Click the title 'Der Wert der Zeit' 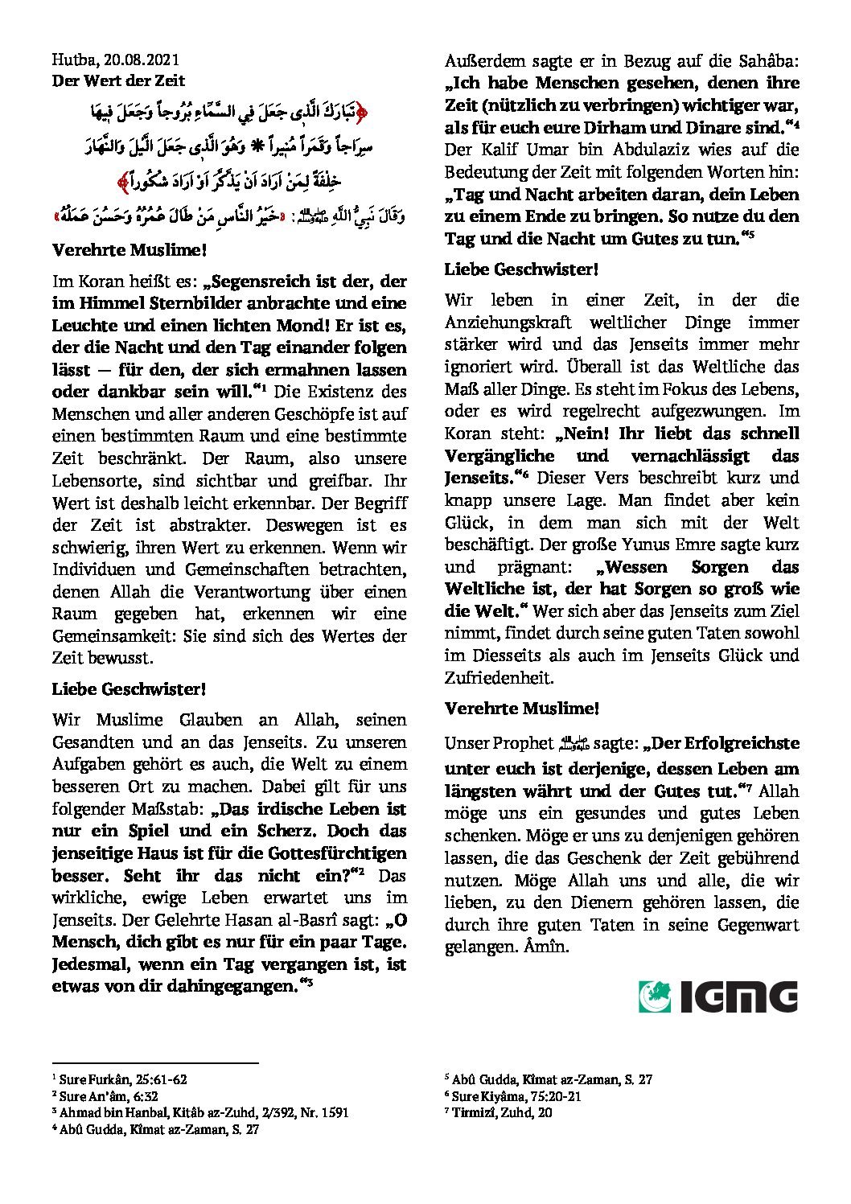pos(118,80)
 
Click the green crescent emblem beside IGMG pos(655,997)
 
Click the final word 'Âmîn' pos(548,947)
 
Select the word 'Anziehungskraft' pos(508,323)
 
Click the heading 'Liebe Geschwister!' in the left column pos(129,689)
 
